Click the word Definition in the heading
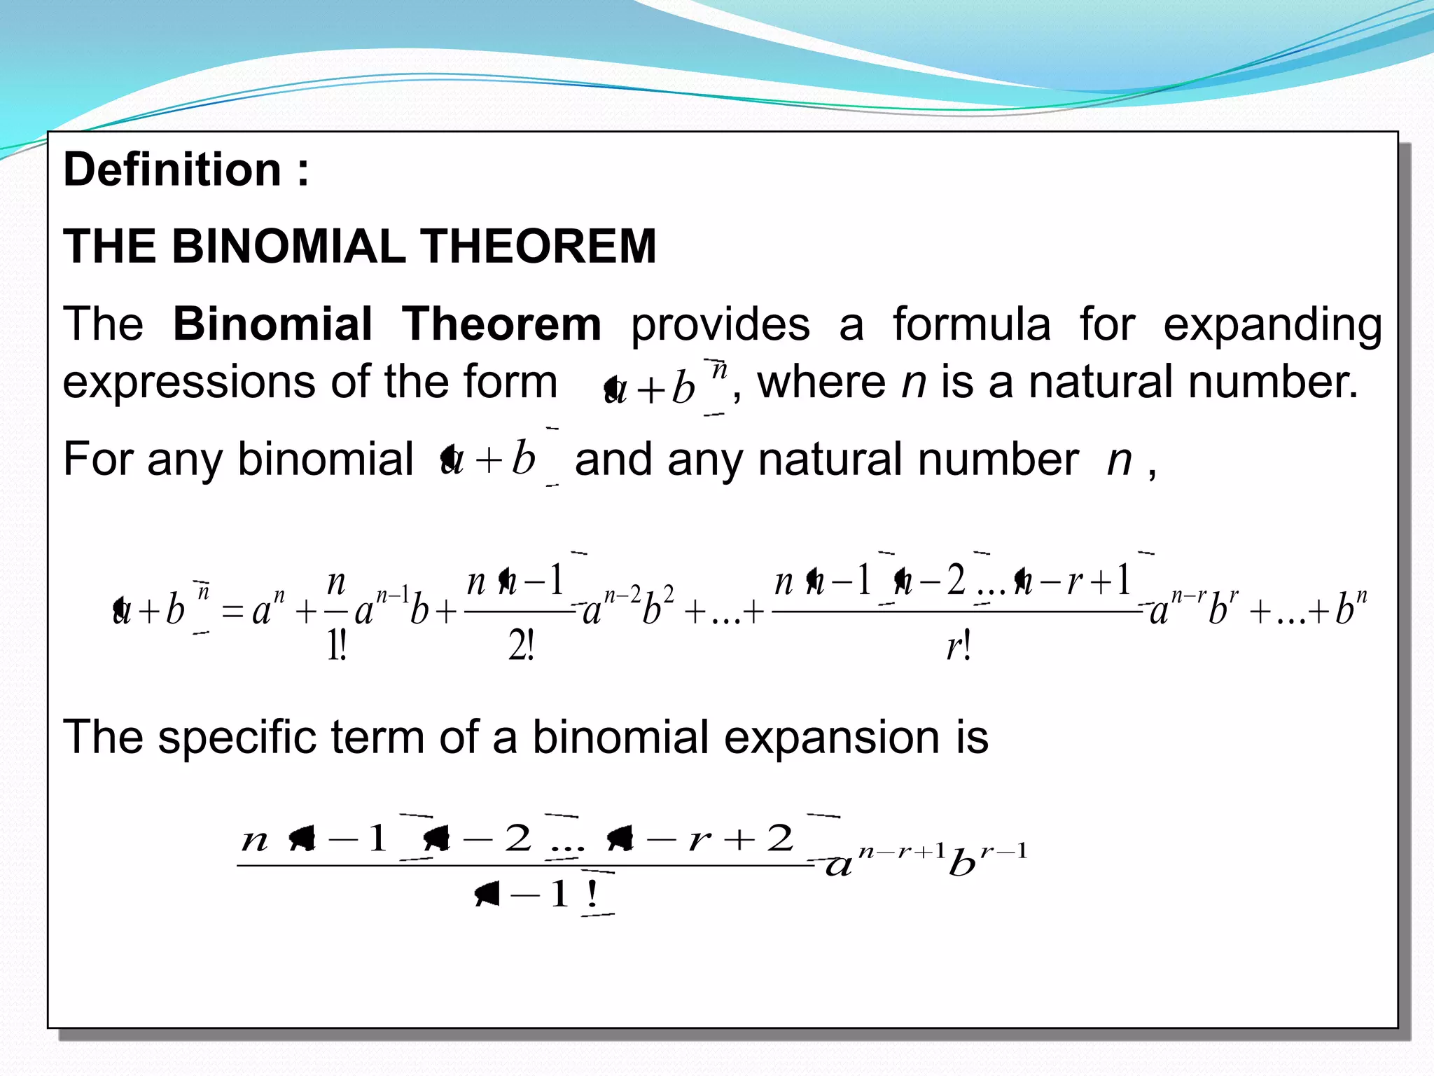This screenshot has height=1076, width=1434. (172, 170)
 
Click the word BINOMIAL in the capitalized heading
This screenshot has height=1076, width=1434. (288, 247)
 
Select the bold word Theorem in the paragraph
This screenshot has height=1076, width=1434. (501, 324)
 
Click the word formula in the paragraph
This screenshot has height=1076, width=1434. (971, 324)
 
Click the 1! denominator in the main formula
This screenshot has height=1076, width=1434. (337, 645)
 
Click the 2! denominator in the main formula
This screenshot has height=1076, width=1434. (521, 645)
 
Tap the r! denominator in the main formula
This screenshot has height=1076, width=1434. (958, 645)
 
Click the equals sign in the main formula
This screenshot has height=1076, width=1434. (232, 612)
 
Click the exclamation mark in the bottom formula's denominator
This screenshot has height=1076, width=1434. (592, 894)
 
